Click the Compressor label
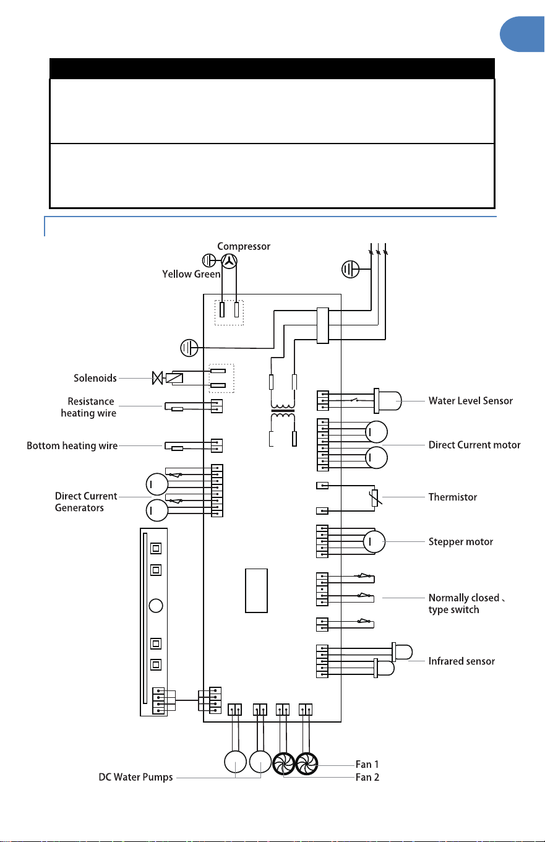pos(244,247)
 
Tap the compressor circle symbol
pos(229,261)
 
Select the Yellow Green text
pos(191,274)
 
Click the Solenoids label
pos(95,378)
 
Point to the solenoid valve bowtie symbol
pos(158,378)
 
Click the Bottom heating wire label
pos(72,446)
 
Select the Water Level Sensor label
pos(471,401)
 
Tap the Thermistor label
pos(453,497)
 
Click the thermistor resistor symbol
pos(375,498)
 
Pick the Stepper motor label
pos(460,542)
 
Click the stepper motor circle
pos(374,542)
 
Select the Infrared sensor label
pos(461,661)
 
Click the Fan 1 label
pos(367,764)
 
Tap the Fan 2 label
pos(367,777)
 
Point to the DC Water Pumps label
pos(135,777)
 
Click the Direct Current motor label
pos(474,445)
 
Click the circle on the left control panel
pos(156,606)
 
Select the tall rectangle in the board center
pos(256,591)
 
